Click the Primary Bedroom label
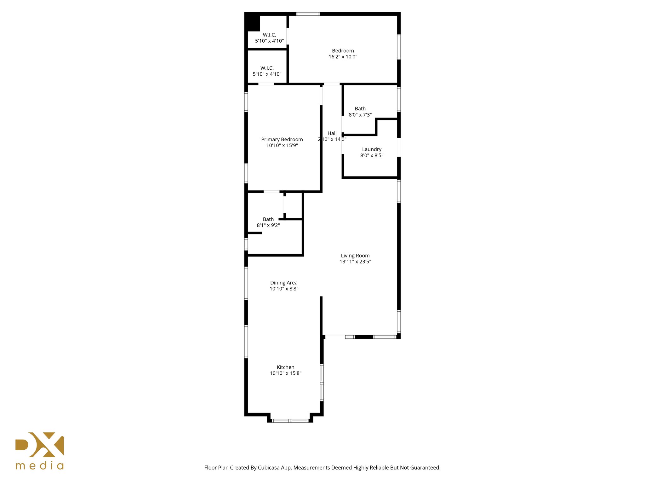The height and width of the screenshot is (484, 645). [x=282, y=139]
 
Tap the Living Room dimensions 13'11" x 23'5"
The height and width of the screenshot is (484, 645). [x=355, y=262]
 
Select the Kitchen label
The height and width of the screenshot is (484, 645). [x=285, y=367]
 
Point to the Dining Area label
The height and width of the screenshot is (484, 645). [x=284, y=283]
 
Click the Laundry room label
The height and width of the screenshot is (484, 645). [x=372, y=149]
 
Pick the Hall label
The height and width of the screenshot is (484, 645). [x=332, y=133]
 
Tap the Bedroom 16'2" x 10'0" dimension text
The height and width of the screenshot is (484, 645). [x=343, y=57]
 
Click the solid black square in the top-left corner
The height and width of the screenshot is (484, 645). [x=253, y=23]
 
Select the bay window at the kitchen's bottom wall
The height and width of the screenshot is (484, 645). [x=290, y=420]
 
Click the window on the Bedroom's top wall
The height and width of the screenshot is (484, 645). [x=308, y=14]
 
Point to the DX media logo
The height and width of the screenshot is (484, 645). [x=40, y=445]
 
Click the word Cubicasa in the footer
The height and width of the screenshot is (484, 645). [x=269, y=468]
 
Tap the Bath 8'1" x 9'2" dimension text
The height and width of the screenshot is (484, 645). [x=268, y=225]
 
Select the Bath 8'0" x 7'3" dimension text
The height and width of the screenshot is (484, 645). [x=360, y=115]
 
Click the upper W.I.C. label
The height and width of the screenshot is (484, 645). [x=269, y=35]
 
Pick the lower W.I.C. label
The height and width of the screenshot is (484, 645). [x=267, y=68]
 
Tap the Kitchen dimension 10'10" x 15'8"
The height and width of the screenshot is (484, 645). [x=285, y=373]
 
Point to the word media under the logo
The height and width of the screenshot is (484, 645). [x=40, y=466]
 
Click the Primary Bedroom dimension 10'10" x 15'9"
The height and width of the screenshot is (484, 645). [x=282, y=145]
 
